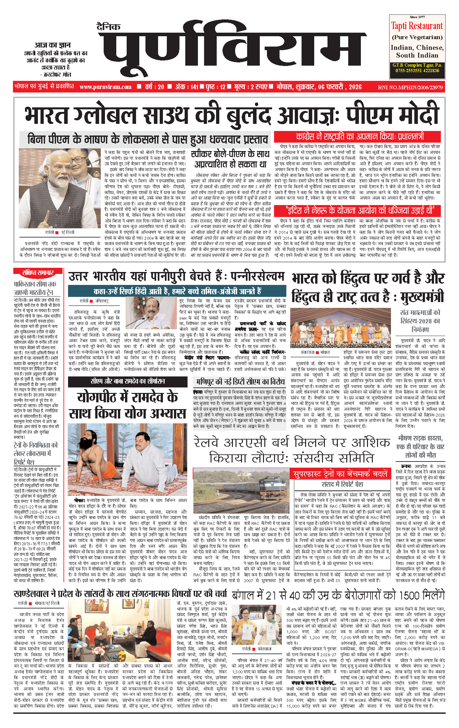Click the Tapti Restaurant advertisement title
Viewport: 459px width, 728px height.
tap(417, 26)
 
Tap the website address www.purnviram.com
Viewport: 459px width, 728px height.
tap(106, 87)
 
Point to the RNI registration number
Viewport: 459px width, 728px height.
tap(410, 87)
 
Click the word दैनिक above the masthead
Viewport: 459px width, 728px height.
tap(108, 27)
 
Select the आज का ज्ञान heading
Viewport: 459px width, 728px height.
tap(52, 45)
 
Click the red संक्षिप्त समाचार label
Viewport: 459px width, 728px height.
tap(38, 272)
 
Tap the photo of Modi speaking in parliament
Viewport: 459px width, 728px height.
tap(60, 188)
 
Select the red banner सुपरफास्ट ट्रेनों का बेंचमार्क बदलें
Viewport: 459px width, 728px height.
tap(340, 474)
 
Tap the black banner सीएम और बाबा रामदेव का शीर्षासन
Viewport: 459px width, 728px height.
tap(128, 381)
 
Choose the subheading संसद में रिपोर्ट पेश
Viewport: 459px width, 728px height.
tap(342, 484)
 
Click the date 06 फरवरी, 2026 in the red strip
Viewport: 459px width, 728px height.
tap(340, 87)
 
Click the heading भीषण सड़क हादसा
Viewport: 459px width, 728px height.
tap(420, 438)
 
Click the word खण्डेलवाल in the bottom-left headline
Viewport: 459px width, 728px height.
tap(31, 594)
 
